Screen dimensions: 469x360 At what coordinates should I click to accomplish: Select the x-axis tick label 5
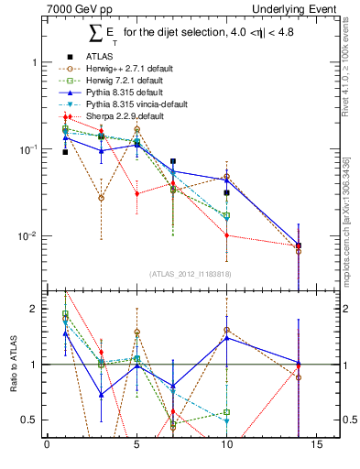pyautogui.click(x=136, y=446)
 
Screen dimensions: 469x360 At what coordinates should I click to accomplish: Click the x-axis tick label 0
pyautogui.click(x=47, y=446)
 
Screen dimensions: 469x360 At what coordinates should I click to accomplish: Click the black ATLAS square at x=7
pyautogui.click(x=173, y=161)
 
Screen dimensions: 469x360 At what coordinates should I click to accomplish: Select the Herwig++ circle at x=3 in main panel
pyautogui.click(x=101, y=198)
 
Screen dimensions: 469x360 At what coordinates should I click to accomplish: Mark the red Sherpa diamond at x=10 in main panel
pyautogui.click(x=226, y=235)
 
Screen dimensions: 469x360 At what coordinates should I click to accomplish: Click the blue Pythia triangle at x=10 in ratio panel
pyautogui.click(x=226, y=339)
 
